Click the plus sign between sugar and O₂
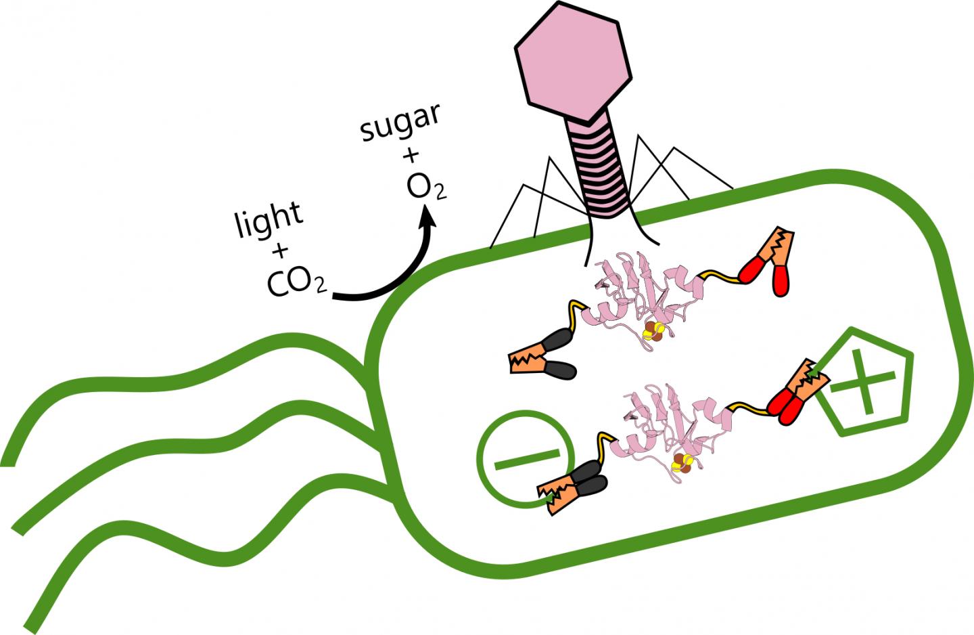point(410,157)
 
